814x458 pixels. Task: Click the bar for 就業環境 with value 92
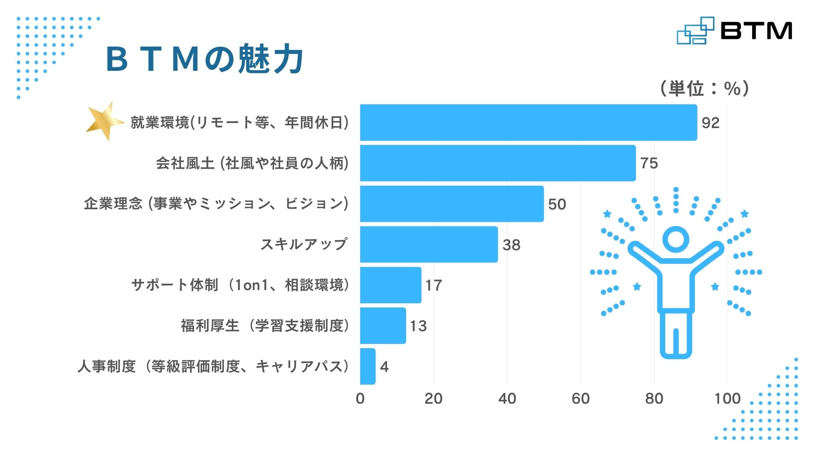[x=529, y=123]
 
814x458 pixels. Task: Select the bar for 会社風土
[x=498, y=163]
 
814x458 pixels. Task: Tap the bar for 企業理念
[x=452, y=204]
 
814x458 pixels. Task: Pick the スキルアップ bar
[x=429, y=244]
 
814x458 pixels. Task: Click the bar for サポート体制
[x=391, y=285]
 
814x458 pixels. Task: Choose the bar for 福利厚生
[x=383, y=326]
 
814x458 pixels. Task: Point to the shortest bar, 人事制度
[x=368, y=366]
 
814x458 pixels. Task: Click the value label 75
[x=649, y=163]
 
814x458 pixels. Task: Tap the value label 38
[x=511, y=245]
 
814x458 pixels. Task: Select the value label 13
[x=418, y=326]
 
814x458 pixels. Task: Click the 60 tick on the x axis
[x=580, y=399]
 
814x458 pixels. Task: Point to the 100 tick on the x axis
[x=728, y=399]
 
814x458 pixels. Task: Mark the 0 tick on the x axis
[x=360, y=399]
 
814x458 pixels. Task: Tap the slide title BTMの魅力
[x=204, y=59]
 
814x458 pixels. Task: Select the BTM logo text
[x=756, y=31]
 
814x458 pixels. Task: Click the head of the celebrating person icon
[x=676, y=239]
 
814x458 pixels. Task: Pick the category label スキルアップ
[x=304, y=244]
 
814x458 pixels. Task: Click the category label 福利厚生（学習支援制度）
[x=265, y=326]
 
